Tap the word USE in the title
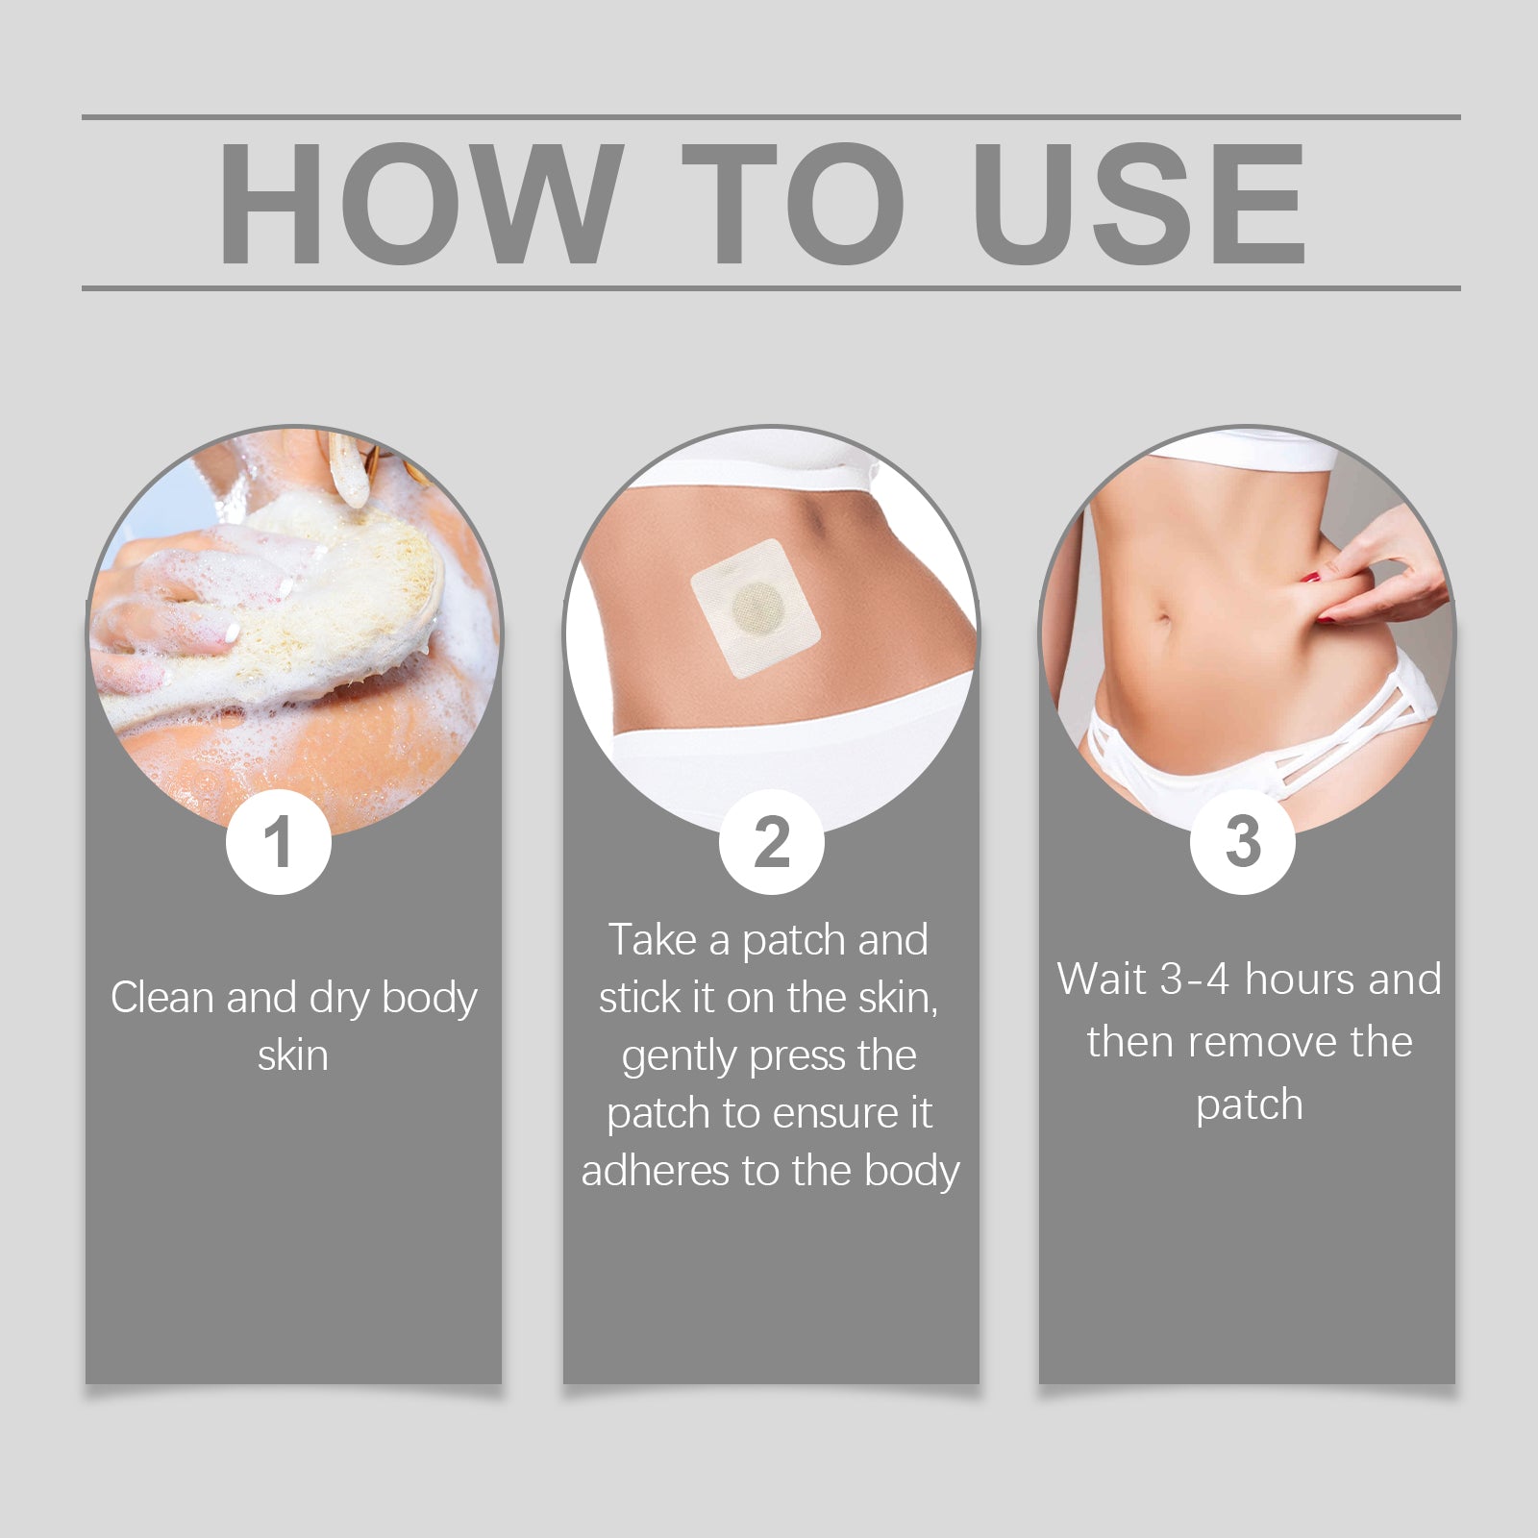(1139, 203)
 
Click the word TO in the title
(793, 203)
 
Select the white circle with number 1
(279, 842)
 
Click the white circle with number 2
(771, 842)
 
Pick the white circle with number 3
(1242, 842)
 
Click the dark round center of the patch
(758, 609)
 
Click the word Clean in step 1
(162, 998)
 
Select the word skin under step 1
(293, 1055)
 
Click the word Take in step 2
(653, 940)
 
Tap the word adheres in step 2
(655, 1171)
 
